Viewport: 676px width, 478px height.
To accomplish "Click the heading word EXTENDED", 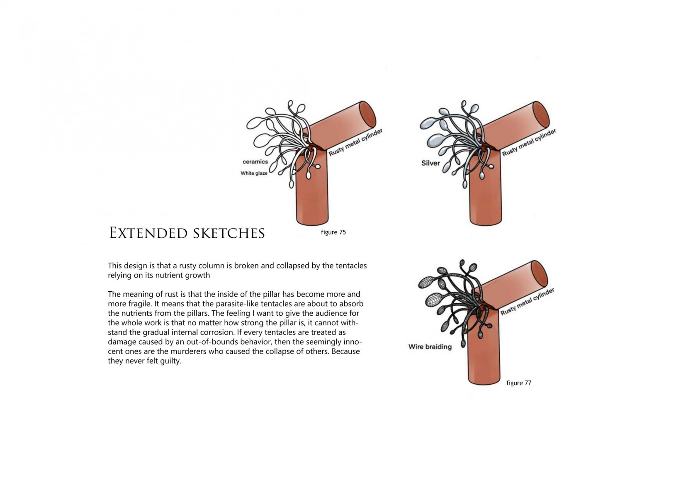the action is [x=148, y=233].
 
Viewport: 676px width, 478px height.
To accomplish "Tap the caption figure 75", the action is [x=333, y=232].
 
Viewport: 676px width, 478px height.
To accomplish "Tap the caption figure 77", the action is [x=518, y=383].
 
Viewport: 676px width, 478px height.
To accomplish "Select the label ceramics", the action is [x=255, y=161].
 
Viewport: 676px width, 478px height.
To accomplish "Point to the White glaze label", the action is [x=254, y=173].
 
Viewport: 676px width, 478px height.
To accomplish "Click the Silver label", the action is [x=430, y=163].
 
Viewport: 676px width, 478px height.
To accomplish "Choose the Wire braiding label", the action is [x=430, y=346].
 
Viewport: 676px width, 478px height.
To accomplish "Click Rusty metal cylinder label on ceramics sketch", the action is [x=355, y=142].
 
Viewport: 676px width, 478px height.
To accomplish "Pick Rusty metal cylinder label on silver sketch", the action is [x=529, y=142].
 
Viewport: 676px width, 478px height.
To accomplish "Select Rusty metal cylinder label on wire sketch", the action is [x=527, y=302].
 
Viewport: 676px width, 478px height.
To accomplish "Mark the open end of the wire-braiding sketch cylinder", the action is [x=540, y=273].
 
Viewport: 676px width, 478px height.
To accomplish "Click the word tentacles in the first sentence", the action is [x=351, y=266].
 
